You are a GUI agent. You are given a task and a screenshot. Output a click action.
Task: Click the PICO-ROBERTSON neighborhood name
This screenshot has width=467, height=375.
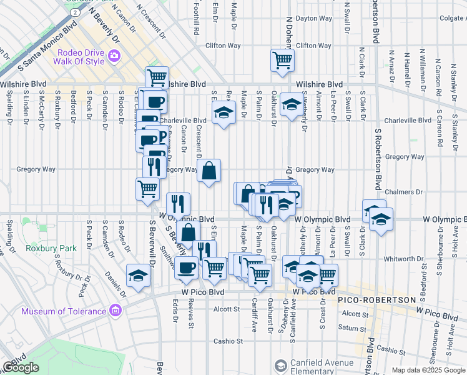coord(376,300)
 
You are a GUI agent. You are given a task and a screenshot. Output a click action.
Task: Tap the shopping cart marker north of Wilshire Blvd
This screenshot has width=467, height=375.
coord(282,61)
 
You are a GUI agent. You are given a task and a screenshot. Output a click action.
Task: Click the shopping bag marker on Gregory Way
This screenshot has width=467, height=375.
coord(209,169)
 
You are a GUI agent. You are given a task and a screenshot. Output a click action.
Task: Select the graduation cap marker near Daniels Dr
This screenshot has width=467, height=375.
coord(138,276)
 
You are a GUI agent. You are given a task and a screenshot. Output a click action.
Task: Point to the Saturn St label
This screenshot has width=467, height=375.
coord(348,327)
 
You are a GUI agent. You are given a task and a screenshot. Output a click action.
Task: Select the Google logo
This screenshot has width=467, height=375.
coord(21,367)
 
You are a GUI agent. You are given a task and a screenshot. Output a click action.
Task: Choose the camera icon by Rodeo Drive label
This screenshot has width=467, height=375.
coord(114,56)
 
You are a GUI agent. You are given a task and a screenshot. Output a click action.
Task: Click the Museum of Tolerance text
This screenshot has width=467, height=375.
coord(64,311)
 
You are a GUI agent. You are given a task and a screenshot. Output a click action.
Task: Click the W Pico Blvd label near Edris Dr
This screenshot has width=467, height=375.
coord(203,292)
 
